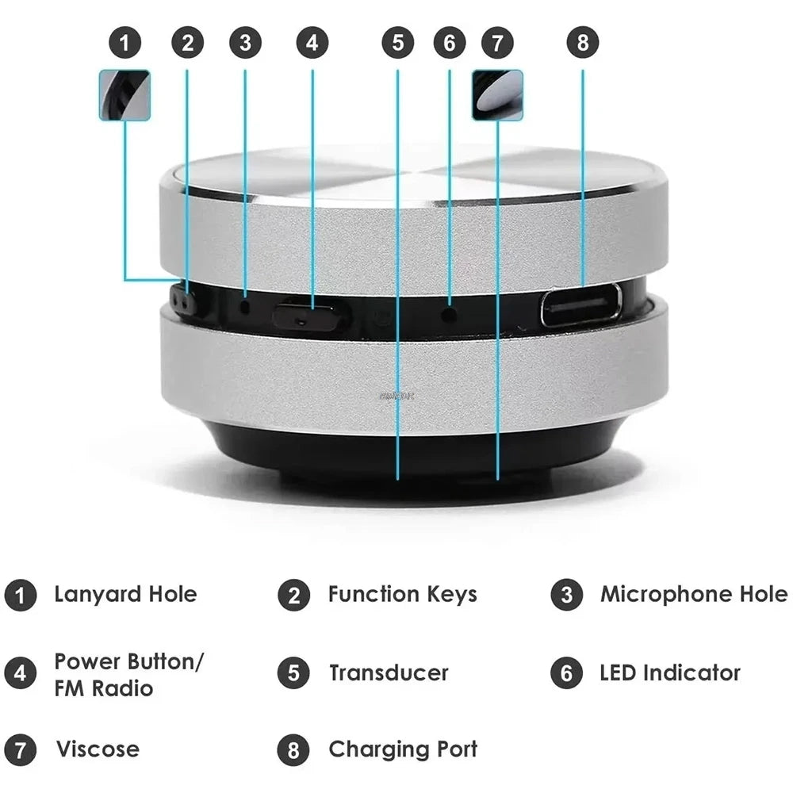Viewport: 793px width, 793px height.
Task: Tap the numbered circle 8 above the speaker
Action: coord(583,42)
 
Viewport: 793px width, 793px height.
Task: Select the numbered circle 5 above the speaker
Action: coord(397,42)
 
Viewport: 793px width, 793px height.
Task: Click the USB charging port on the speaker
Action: coord(581,305)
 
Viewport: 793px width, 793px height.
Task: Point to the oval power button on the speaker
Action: coord(309,316)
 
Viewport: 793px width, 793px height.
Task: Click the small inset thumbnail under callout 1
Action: coord(125,95)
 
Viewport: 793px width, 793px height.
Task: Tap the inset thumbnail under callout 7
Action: coord(497,95)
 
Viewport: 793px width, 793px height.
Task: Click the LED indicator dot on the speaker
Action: coord(450,313)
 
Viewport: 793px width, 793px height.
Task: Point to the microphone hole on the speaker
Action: coord(245,305)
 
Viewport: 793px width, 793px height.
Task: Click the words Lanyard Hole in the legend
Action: coord(125,594)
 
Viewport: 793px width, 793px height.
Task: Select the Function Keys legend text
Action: coord(402,594)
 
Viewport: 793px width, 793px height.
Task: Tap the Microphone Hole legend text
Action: coord(694,594)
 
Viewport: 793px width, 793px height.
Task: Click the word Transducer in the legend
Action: coord(389,673)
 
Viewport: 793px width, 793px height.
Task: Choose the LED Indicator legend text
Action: coord(670,673)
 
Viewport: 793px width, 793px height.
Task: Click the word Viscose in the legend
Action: coord(97,749)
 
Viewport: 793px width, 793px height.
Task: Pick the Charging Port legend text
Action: coord(403,749)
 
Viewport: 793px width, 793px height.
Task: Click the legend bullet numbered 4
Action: coord(20,673)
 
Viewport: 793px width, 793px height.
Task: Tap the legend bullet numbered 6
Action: coord(566,673)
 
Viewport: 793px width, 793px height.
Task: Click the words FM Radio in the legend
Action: coord(103,688)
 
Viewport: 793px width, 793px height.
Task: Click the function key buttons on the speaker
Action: coord(184,302)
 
